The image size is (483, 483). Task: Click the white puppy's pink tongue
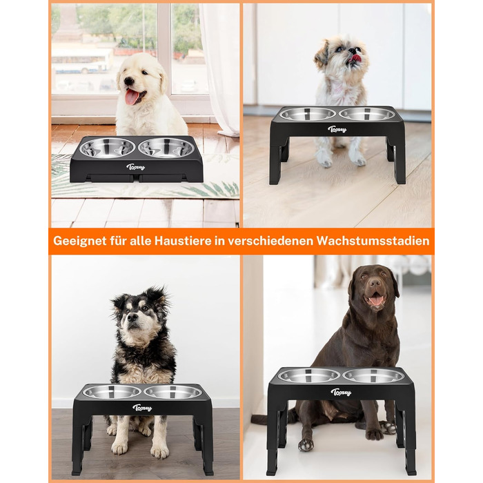pyautogui.click(x=132, y=97)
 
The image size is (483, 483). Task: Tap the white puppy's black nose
pyautogui.click(x=129, y=81)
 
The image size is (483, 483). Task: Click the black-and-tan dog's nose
pyautogui.click(x=132, y=317)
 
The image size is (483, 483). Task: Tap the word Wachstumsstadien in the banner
pyautogui.click(x=373, y=241)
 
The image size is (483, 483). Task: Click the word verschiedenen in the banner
pyautogui.click(x=270, y=241)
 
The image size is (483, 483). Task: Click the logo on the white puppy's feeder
pyautogui.click(x=135, y=167)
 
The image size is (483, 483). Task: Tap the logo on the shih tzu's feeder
pyautogui.click(x=337, y=129)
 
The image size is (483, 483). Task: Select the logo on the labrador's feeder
pyautogui.click(x=341, y=392)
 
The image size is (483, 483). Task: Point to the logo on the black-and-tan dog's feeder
pyautogui.click(x=142, y=408)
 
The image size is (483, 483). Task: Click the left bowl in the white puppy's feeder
pyautogui.click(x=107, y=148)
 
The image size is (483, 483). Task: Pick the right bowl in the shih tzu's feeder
pyautogui.click(x=367, y=114)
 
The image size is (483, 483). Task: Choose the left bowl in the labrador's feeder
pyautogui.click(x=309, y=375)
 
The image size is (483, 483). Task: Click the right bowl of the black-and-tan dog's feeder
pyautogui.click(x=173, y=392)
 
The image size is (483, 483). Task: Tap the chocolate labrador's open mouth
pyautogui.click(x=375, y=298)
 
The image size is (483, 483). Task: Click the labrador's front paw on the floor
pyautogui.click(x=306, y=444)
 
